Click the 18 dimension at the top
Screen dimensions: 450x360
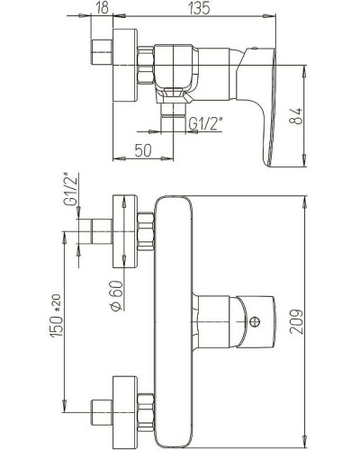pos(100,8)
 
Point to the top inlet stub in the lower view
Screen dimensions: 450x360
pos(97,229)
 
